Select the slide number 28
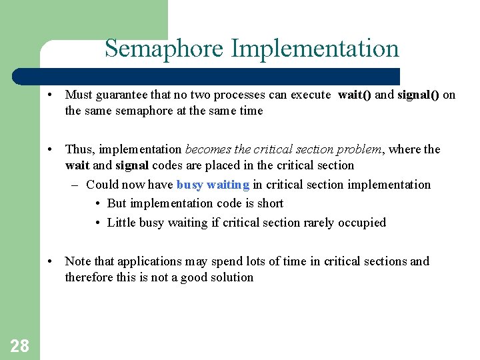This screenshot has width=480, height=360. (x=19, y=345)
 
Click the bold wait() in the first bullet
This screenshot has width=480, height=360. (x=355, y=95)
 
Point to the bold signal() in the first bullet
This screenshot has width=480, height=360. (x=418, y=95)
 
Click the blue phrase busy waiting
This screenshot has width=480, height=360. (x=213, y=185)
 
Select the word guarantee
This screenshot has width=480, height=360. (x=127, y=95)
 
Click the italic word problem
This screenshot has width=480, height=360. (x=357, y=149)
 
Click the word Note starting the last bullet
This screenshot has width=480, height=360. (x=77, y=261)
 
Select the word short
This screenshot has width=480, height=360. (x=270, y=203)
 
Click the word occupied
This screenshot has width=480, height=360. (x=364, y=223)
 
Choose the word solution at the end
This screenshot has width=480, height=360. (x=233, y=277)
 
